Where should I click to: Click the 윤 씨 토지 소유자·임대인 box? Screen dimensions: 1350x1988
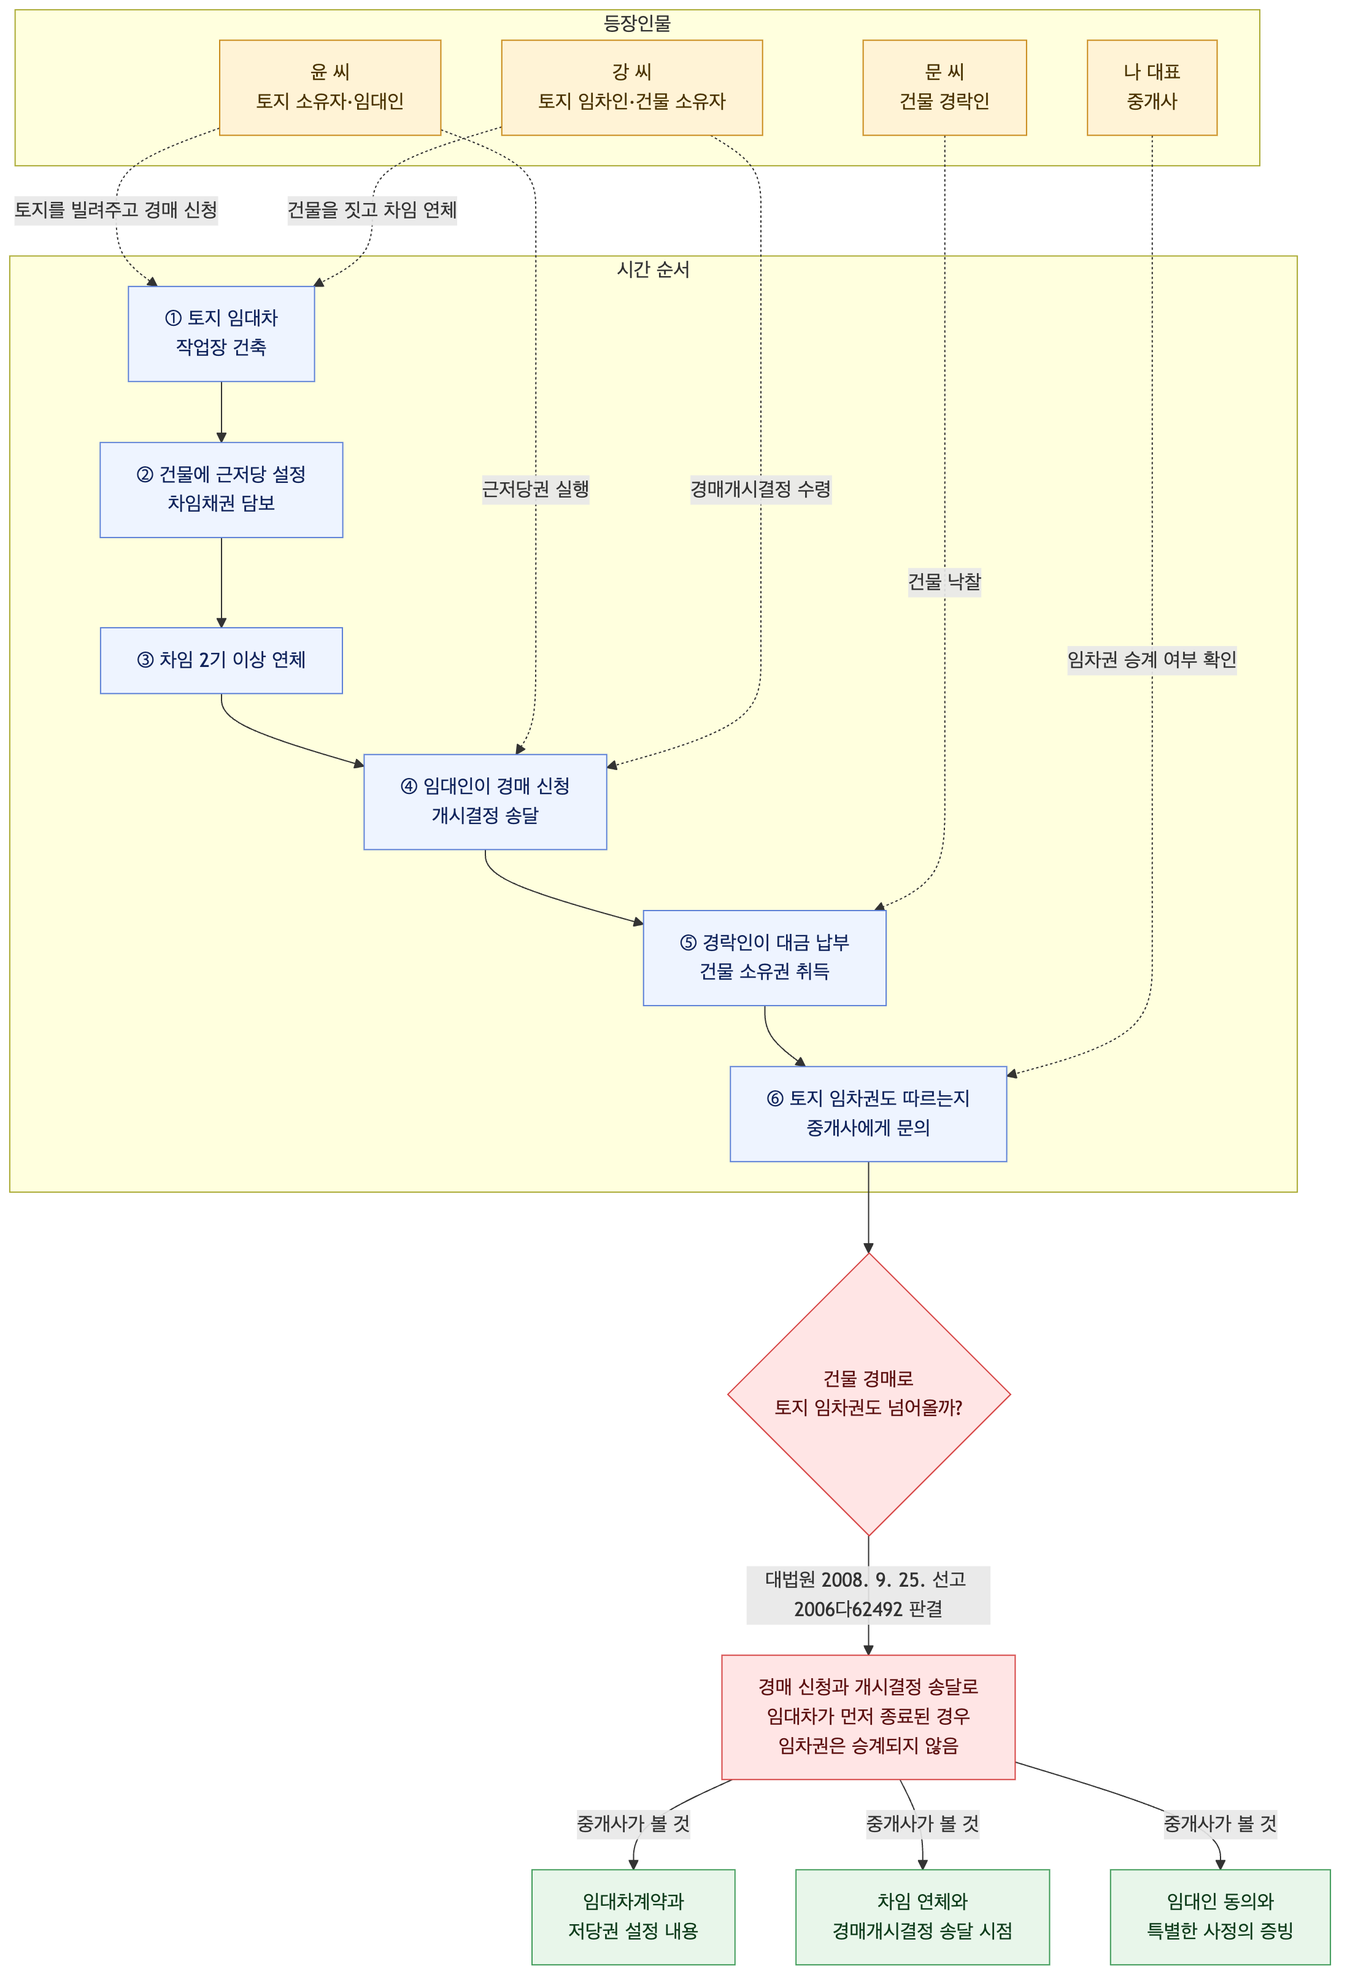point(330,87)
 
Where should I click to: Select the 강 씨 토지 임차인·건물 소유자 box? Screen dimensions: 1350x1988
point(631,87)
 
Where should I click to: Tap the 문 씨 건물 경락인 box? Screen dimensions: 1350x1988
point(944,87)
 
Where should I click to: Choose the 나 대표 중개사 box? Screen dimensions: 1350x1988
point(1152,87)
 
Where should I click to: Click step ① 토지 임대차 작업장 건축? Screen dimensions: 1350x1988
point(222,334)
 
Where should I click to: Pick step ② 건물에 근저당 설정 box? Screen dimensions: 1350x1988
point(222,489)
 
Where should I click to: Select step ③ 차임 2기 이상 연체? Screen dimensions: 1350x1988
point(222,660)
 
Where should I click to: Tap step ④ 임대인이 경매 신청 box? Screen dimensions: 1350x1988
point(485,801)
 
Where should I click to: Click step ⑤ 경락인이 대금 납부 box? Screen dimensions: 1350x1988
point(765,958)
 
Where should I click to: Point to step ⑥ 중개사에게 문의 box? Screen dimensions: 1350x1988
point(868,1114)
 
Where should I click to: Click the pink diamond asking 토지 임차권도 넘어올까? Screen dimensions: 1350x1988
point(868,1394)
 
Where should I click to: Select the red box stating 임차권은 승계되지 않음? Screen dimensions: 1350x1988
point(868,1717)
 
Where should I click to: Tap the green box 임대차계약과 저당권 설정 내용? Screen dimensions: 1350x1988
point(633,1917)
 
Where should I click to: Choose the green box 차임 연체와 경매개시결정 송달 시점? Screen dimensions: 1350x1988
point(922,1917)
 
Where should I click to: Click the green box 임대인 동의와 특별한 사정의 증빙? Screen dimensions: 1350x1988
point(1220,1917)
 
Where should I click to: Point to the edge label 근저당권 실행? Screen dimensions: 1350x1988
point(536,489)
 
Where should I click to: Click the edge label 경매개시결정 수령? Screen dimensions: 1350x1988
point(760,489)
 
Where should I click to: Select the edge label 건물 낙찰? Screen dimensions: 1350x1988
point(944,582)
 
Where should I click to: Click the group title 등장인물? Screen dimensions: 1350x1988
point(638,24)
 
